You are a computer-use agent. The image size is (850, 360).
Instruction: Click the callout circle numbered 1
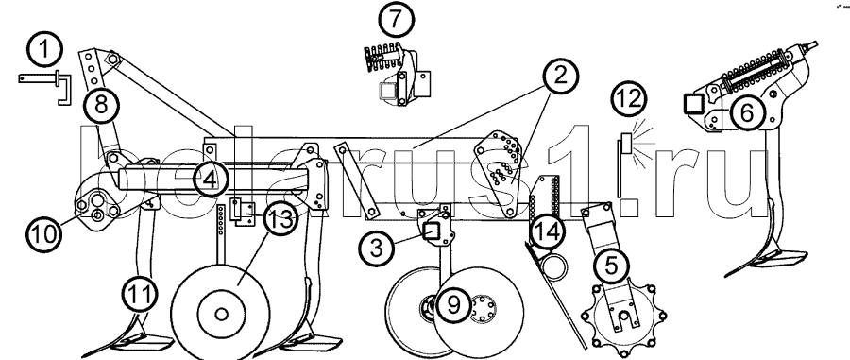[44, 50]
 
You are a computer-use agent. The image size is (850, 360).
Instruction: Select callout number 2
[559, 76]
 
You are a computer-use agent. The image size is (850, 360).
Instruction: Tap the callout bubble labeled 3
[377, 249]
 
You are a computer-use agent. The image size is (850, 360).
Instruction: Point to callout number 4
[210, 180]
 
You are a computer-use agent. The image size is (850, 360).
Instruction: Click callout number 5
[610, 266]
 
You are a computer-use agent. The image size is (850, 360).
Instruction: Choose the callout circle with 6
[746, 112]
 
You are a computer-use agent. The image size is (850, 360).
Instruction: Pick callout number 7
[396, 20]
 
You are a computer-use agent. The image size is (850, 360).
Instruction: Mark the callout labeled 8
[101, 105]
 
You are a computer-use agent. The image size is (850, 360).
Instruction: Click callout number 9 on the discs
[452, 304]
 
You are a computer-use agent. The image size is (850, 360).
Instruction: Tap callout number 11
[140, 296]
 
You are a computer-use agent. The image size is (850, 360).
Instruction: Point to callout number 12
[629, 100]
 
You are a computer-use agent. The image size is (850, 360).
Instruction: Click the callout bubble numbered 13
[280, 219]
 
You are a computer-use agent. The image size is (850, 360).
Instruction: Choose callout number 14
[547, 232]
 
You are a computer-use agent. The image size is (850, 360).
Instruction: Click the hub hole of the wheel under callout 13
[221, 315]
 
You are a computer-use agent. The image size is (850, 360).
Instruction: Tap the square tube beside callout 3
[432, 232]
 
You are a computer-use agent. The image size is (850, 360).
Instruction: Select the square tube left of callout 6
[694, 103]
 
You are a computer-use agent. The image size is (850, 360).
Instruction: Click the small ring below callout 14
[554, 267]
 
